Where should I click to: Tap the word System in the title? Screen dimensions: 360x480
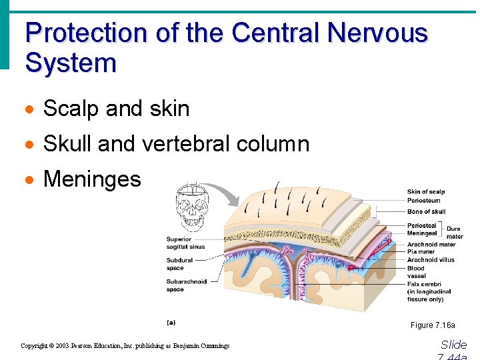tap(70, 63)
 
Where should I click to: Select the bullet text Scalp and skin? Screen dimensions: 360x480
tap(116, 109)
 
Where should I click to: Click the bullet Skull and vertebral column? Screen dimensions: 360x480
tap(176, 144)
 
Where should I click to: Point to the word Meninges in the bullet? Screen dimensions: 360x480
tap(92, 179)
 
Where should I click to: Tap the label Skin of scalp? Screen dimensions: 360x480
tap(426, 192)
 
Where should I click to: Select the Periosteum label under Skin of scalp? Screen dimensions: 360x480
tap(423, 200)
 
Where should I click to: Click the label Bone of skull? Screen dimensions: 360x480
tap(426, 212)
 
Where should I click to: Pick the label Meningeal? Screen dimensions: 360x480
tap(423, 233)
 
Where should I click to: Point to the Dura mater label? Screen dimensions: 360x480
tap(455, 233)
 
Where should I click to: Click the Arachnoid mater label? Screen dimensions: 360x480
tap(431, 245)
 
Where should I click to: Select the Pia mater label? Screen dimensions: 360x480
tap(421, 252)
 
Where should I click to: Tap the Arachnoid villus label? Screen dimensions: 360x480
tap(431, 260)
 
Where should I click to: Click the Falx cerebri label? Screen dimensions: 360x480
tap(425, 284)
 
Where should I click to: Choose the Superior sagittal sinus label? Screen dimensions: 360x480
tap(185, 243)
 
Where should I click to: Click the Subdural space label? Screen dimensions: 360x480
tap(180, 265)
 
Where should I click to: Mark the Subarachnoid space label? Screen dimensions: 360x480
tap(187, 285)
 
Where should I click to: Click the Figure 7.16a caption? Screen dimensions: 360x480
tap(433, 325)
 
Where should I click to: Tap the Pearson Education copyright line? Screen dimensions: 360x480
tap(125, 346)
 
